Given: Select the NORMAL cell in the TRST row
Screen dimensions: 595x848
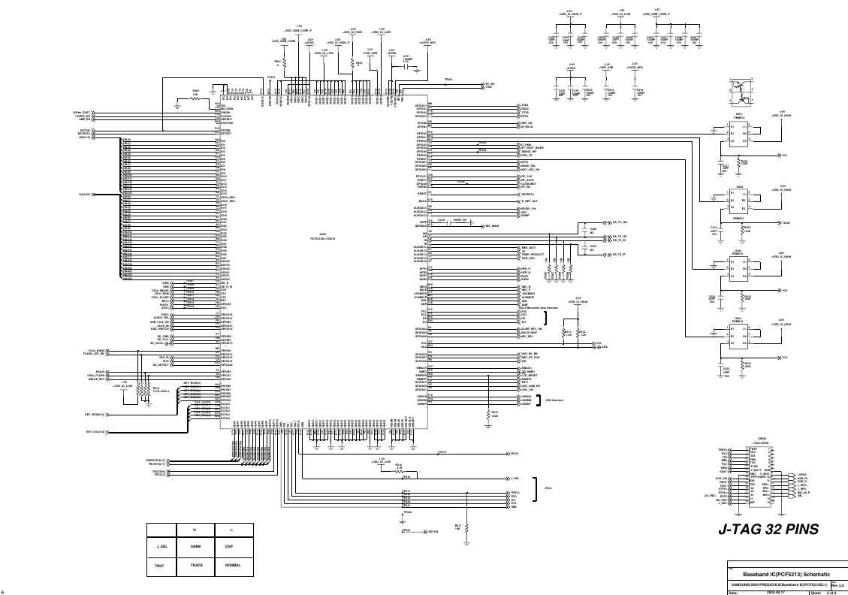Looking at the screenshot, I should [233, 564].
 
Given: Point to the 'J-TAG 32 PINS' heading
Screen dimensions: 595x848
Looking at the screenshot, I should [768, 529].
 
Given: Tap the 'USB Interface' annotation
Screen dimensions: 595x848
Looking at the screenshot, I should [554, 400].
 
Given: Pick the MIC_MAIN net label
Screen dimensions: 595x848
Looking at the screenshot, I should [493, 225].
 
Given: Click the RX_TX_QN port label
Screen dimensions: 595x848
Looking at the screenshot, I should [619, 223].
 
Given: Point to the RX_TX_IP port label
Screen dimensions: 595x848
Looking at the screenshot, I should [619, 255].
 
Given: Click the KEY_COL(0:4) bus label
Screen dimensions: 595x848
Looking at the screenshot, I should [95, 432].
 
